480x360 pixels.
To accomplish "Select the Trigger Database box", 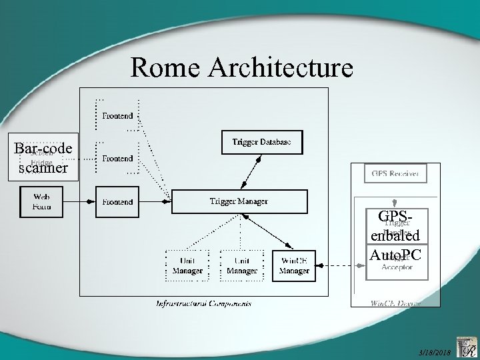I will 261,141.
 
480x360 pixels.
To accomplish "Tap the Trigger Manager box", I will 239,201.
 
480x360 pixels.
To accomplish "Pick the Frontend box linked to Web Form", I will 117,201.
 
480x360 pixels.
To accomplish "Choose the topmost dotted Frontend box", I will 117,115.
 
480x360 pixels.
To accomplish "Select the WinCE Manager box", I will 294,265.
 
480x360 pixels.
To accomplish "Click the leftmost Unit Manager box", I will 187,265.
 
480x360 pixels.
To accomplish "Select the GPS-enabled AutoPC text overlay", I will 394,235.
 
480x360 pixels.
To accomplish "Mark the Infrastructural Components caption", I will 203,303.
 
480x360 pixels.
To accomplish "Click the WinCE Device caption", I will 395,303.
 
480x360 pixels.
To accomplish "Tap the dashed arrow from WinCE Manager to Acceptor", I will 341,265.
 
